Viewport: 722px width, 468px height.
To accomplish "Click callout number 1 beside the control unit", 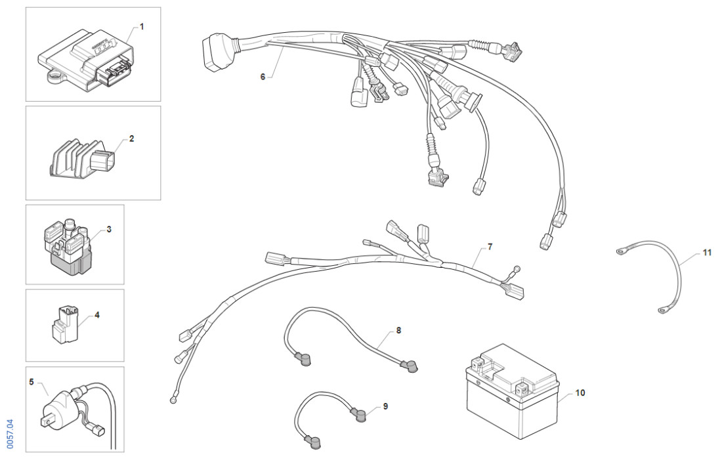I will click(142, 27).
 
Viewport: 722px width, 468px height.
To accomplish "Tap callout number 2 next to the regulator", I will click(131, 139).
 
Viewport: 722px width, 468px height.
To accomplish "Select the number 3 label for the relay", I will click(109, 230).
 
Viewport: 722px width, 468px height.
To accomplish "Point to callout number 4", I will click(97, 315).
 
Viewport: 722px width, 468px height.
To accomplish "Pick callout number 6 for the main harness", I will click(263, 77).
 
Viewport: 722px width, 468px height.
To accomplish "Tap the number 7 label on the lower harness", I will click(490, 247).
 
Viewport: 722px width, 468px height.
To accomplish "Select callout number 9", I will click(385, 406).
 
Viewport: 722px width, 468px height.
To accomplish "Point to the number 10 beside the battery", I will click(580, 393).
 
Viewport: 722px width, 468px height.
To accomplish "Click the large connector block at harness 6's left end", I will click(213, 53).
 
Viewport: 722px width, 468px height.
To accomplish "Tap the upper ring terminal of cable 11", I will click(620, 250).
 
